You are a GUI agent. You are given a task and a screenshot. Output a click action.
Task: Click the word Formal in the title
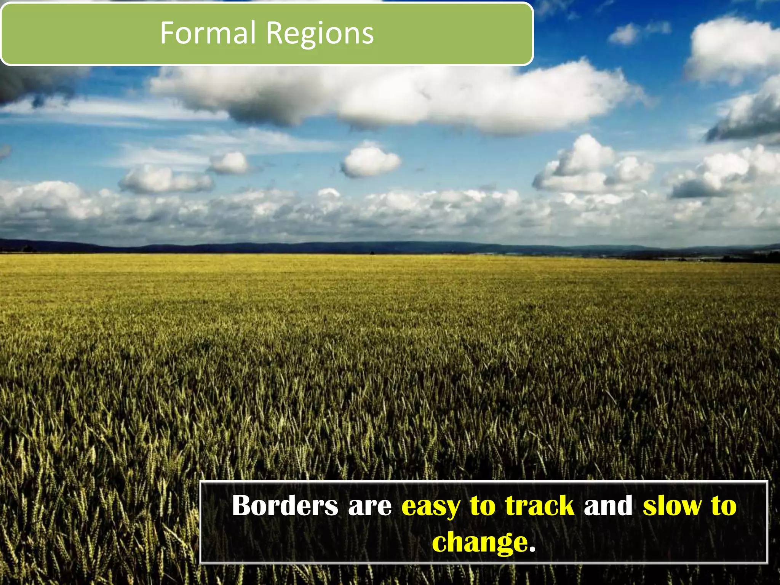coord(208,33)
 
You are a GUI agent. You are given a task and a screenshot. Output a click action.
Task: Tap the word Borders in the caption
coord(285,506)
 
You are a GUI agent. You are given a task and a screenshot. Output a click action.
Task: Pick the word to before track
coord(483,506)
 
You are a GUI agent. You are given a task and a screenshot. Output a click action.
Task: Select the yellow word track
coord(540,506)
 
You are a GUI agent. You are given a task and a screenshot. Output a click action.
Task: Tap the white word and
coord(608,506)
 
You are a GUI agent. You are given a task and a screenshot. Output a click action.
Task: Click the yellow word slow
coord(672,506)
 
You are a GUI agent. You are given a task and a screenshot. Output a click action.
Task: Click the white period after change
coord(532,550)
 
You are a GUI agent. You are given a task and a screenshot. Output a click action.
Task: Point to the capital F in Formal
coord(167,33)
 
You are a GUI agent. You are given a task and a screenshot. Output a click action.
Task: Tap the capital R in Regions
coord(274,33)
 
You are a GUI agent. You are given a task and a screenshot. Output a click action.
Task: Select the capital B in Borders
coord(242,505)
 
